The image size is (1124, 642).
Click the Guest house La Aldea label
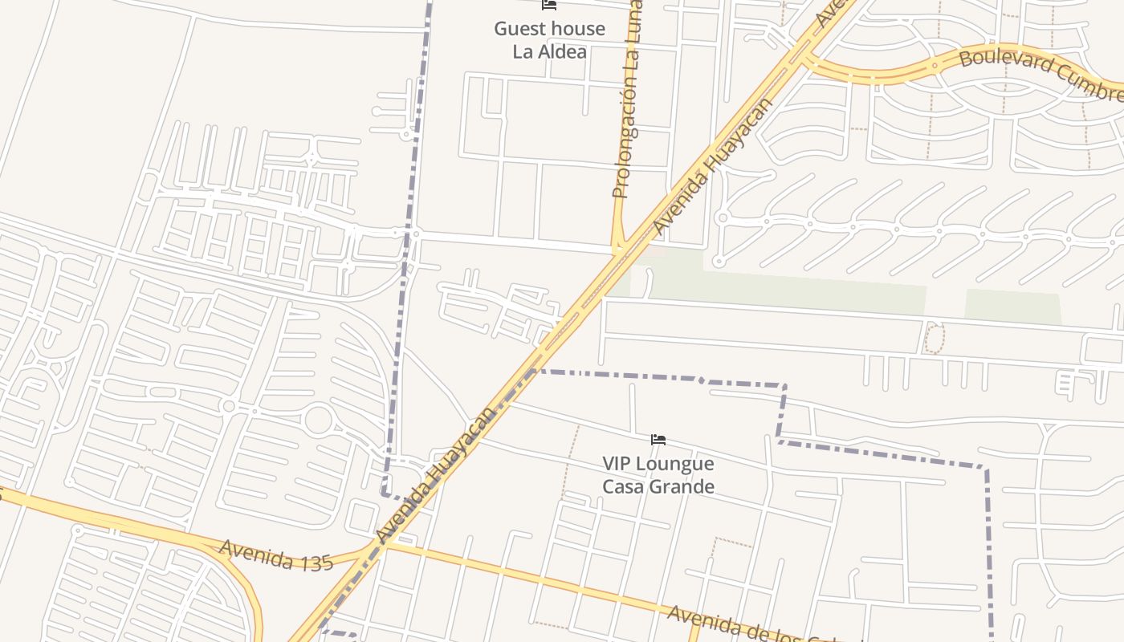(x=550, y=40)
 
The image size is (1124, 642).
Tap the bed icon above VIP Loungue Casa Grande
(x=658, y=439)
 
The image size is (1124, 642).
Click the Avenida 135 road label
(x=275, y=555)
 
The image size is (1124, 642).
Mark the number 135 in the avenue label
(x=315, y=562)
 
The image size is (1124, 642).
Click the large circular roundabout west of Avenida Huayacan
(x=318, y=421)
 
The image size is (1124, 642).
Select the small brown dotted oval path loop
(x=934, y=338)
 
